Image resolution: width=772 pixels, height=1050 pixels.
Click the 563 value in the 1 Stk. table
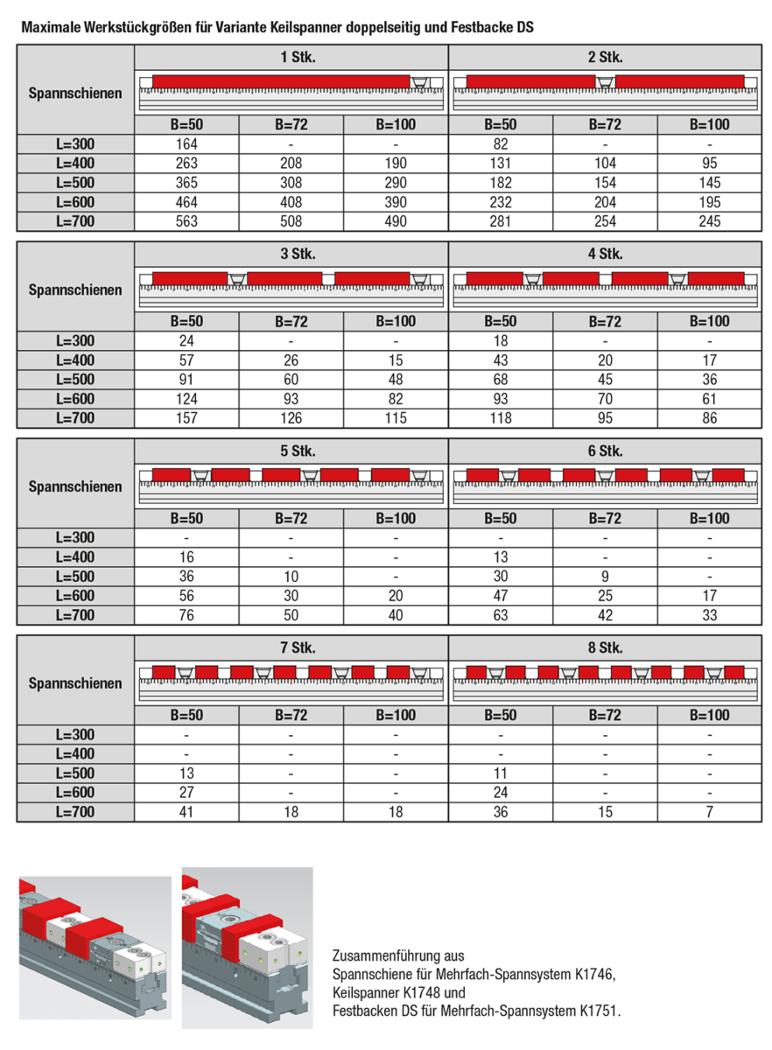click(x=186, y=221)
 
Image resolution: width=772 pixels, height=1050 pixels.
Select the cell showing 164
click(x=186, y=143)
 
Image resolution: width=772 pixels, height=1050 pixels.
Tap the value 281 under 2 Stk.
click(x=501, y=221)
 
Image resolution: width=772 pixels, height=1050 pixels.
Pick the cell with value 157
click(x=186, y=418)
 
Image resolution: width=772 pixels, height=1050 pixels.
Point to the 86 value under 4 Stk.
click(x=709, y=418)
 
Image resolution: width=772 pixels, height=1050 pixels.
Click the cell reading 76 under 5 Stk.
click(x=186, y=615)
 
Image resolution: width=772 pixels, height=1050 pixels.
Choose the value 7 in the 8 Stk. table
click(x=709, y=812)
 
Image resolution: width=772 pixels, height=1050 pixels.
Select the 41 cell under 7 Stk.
click(x=186, y=812)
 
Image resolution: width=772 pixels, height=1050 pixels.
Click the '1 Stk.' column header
click(x=291, y=58)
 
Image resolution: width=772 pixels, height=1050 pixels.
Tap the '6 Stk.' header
click(x=605, y=451)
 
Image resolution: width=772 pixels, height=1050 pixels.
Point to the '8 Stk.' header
click(x=605, y=648)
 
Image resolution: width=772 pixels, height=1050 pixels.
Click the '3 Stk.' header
click(x=291, y=255)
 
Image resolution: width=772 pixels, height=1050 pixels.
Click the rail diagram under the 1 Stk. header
click(x=291, y=91)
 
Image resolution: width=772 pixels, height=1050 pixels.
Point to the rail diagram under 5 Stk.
click(x=291, y=484)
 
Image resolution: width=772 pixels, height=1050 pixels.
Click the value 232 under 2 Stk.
click(x=501, y=202)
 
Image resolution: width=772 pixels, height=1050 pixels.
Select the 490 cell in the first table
click(x=396, y=221)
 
